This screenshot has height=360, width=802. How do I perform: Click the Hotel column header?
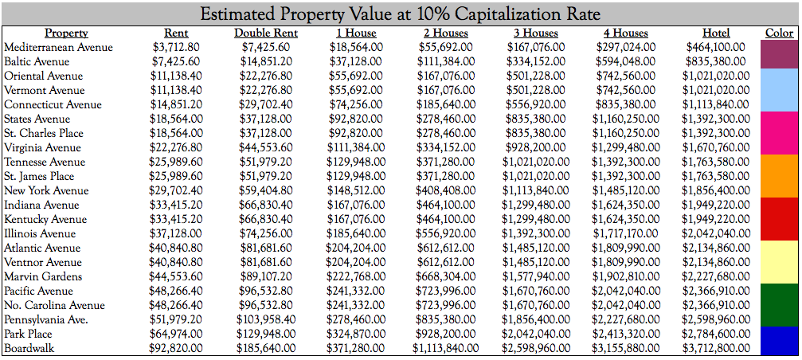pos(716,33)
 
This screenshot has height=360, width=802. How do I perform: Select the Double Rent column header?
pos(266,33)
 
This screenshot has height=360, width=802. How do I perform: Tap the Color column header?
pos(779,33)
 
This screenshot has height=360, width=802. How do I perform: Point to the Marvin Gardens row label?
pos(43,276)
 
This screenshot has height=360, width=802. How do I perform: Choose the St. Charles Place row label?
pos(44,133)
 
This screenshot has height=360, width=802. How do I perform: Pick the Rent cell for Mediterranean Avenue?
pos(176,47)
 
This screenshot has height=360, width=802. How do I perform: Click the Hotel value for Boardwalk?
pos(716,348)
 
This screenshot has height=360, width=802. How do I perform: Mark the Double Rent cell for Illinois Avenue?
pos(266,233)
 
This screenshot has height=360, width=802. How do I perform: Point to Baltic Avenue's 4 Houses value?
pos(625,61)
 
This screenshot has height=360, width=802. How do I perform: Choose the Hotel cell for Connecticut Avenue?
pos(716,104)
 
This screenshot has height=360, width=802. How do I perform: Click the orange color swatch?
pos(780,176)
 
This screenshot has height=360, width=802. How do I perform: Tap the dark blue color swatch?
pos(780,341)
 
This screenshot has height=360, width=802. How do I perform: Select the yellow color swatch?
pos(780,262)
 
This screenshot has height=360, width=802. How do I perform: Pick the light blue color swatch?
pos(780,90)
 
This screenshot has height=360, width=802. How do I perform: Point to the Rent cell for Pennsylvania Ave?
pos(176,319)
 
